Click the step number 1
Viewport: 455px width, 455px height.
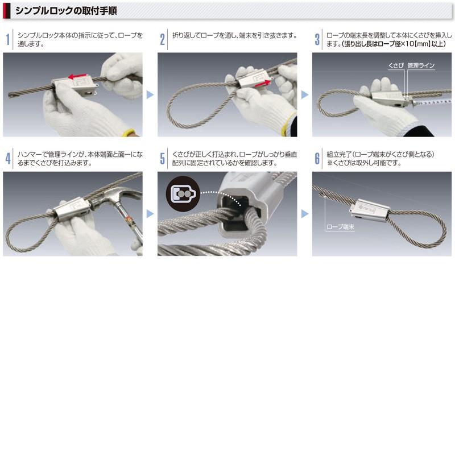point(7,39)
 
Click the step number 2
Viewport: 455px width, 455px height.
point(162,39)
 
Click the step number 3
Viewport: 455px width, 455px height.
point(317,39)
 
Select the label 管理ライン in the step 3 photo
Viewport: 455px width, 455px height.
point(421,66)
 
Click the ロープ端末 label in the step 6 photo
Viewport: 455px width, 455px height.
point(340,226)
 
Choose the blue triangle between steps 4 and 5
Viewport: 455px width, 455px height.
point(150,214)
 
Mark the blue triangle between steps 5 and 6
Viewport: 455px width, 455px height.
point(305,214)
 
